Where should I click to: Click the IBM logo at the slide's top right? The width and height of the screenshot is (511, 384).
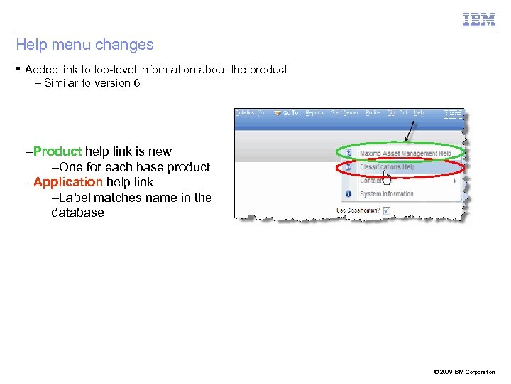(x=479, y=20)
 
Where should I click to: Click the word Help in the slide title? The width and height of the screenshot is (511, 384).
(x=32, y=45)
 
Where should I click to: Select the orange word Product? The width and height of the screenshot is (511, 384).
(x=57, y=151)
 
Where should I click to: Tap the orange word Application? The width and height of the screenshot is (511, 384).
(x=68, y=182)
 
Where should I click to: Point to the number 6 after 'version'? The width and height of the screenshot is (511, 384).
(x=136, y=83)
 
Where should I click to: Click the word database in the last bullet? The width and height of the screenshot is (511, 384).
(x=77, y=213)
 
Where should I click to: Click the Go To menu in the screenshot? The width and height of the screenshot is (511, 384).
(x=287, y=113)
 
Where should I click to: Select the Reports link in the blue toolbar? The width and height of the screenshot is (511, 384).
(x=314, y=113)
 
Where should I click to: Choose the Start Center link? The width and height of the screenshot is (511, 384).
(x=344, y=113)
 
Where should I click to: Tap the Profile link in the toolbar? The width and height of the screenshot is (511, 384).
(x=373, y=113)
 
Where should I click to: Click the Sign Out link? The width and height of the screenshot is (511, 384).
(x=397, y=113)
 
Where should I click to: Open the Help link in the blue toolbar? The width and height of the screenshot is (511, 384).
(x=419, y=113)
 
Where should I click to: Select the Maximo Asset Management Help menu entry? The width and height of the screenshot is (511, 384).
(x=405, y=153)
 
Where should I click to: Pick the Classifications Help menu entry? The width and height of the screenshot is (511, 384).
(x=387, y=167)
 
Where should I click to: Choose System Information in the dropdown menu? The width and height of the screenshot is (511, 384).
(x=386, y=193)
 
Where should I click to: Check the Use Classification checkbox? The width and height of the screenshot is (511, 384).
(x=386, y=210)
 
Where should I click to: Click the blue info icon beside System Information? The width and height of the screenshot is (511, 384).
(x=348, y=193)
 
